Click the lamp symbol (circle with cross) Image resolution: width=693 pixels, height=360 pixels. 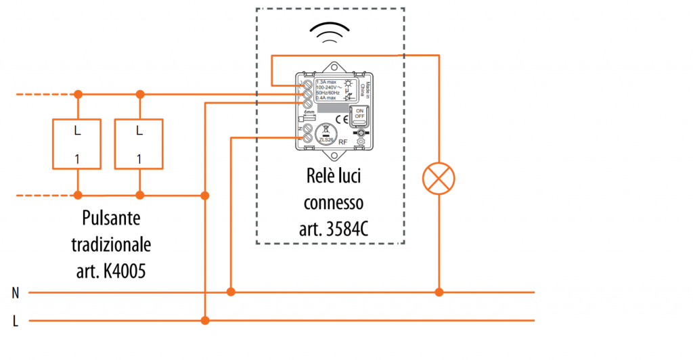pyautogui.click(x=439, y=179)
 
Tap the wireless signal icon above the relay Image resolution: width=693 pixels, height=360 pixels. pyautogui.click(x=331, y=32)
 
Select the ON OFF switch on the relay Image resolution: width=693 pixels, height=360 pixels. pyautogui.click(x=359, y=113)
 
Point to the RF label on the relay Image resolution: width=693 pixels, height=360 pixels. pyautogui.click(x=343, y=142)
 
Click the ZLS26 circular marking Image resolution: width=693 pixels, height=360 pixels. pyautogui.click(x=326, y=135)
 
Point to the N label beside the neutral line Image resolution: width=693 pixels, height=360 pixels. pyautogui.click(x=15, y=293)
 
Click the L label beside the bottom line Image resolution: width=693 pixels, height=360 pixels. pyautogui.click(x=15, y=321)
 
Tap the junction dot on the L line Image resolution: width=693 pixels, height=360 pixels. pyautogui.click(x=204, y=320)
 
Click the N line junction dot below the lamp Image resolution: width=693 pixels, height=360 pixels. pyautogui.click(x=439, y=292)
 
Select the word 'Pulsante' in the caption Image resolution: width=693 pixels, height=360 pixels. pyautogui.click(x=112, y=219)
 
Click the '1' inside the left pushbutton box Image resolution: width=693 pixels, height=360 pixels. pyautogui.click(x=77, y=159)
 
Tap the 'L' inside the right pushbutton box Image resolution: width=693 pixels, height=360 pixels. pyautogui.click(x=139, y=130)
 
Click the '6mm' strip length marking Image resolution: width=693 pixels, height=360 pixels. pyautogui.click(x=309, y=112)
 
